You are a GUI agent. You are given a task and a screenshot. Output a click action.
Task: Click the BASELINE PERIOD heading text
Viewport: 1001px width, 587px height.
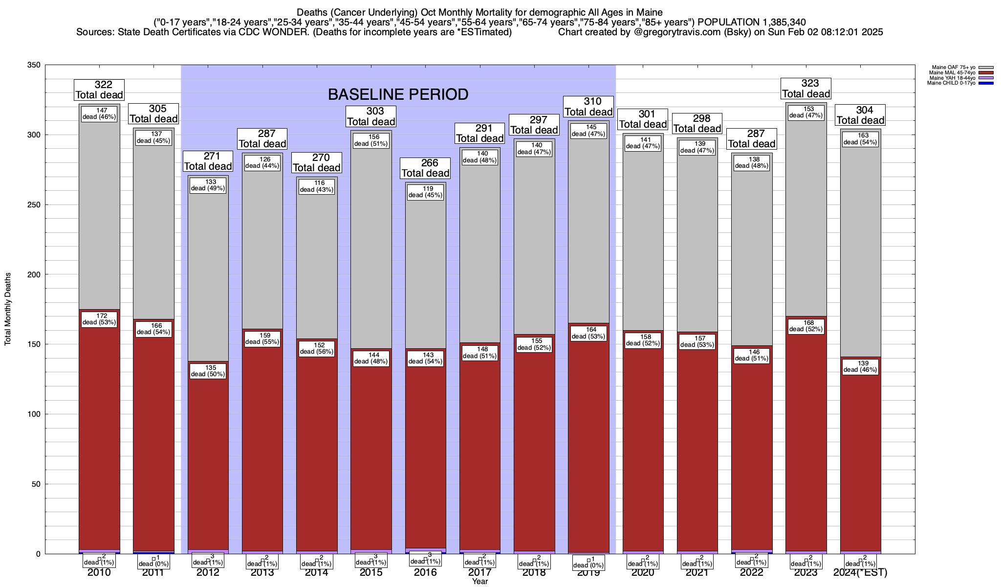coord(398,94)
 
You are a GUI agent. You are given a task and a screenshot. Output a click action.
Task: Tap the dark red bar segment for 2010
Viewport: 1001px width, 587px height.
coord(99,440)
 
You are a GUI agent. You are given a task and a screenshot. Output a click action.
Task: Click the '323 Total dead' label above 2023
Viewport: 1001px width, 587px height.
coord(806,89)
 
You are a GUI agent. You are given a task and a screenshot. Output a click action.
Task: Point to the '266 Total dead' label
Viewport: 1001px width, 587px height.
coord(425,168)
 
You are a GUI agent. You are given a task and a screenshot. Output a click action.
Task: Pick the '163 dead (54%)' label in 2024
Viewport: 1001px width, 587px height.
coord(860,139)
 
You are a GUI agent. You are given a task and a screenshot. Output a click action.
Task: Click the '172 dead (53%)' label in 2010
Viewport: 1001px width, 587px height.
coord(99,319)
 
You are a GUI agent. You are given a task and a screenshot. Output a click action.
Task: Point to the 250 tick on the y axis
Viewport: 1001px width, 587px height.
coord(34,205)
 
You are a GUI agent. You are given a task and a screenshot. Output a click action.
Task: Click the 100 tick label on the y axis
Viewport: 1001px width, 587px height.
coord(34,414)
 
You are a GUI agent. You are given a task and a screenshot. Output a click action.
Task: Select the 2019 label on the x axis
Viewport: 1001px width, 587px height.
coord(588,573)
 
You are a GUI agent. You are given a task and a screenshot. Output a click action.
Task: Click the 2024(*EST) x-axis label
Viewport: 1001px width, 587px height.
coord(860,573)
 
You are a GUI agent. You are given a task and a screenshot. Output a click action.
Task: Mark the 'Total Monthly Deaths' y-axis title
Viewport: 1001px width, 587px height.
coord(8,309)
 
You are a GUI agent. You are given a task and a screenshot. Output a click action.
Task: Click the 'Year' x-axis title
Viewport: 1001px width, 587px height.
coord(480,582)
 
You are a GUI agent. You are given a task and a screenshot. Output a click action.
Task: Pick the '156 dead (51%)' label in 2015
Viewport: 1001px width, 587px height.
coord(371,140)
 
